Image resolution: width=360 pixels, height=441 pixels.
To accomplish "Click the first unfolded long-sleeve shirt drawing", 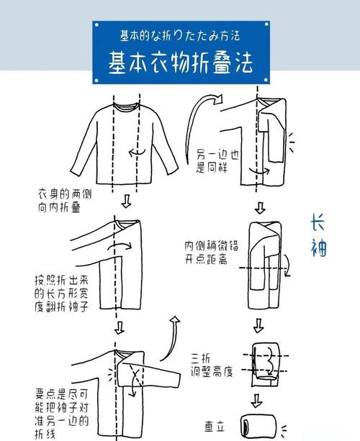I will tap(126, 144).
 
